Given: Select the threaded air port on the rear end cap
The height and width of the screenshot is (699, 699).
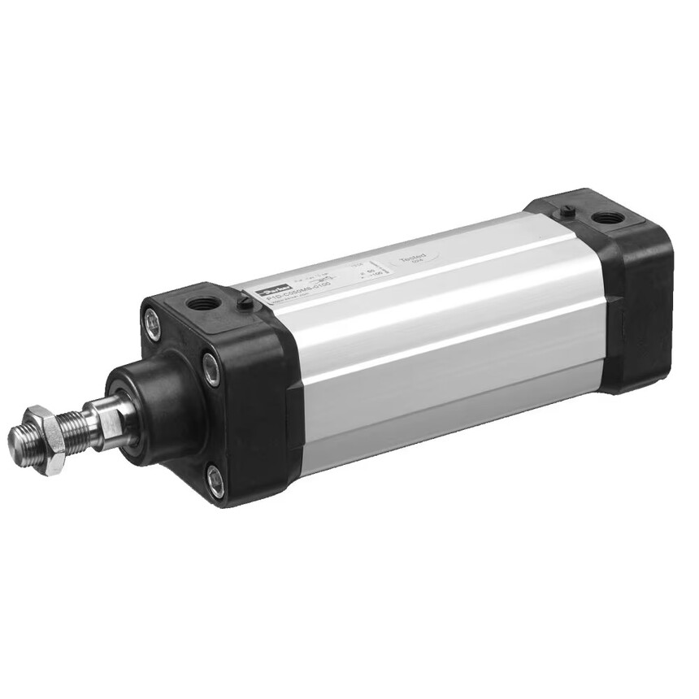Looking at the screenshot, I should click(606, 218).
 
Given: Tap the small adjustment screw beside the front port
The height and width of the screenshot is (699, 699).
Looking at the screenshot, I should click(243, 302).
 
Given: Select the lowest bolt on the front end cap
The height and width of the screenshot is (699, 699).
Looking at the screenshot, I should click(215, 480).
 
